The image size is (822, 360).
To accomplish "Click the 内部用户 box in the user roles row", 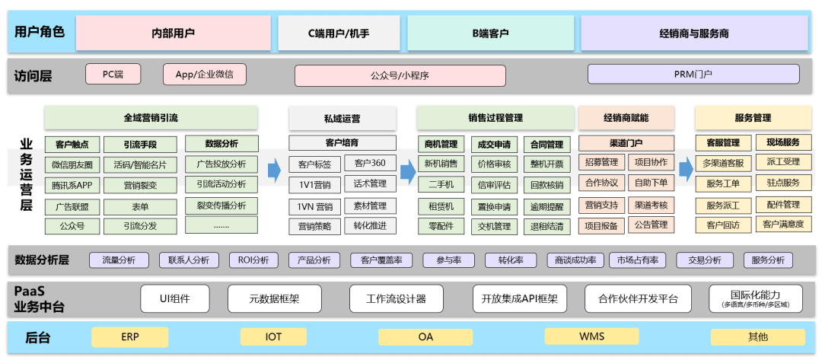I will [x=174, y=33].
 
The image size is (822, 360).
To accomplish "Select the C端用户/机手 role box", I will [x=338, y=33].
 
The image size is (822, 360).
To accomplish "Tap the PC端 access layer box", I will [x=113, y=74].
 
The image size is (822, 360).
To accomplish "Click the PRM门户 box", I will [x=693, y=74].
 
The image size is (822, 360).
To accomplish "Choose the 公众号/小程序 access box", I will [x=400, y=75].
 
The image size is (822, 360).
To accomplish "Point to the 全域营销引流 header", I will [x=151, y=118].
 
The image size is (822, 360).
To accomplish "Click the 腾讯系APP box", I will [x=72, y=185].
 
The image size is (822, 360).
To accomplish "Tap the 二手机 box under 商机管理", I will [x=441, y=184].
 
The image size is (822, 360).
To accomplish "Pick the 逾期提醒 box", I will [x=546, y=205].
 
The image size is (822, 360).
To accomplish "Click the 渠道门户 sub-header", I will [x=626, y=142].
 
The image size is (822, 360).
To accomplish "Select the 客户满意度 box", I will [x=783, y=225].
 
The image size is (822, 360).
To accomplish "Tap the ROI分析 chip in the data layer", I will [x=253, y=260].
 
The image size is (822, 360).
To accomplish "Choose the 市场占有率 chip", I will [x=638, y=260].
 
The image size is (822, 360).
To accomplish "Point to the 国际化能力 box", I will [x=755, y=298].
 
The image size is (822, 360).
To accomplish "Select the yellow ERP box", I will [x=129, y=336].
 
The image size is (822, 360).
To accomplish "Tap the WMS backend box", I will [x=592, y=336].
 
